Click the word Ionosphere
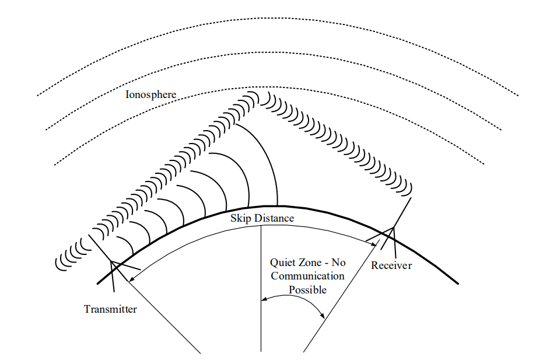[x=150, y=94]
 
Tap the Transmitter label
[x=110, y=309]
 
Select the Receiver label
[x=391, y=265]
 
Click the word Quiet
[x=283, y=263]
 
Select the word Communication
[x=307, y=276]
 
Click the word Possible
[x=307, y=289]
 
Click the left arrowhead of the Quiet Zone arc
[x=264, y=300]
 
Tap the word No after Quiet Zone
[x=337, y=263]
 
